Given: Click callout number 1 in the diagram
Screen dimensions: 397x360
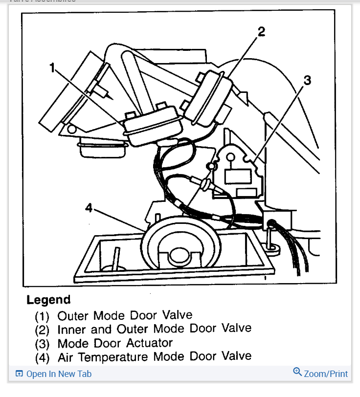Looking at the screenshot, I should click(x=52, y=68).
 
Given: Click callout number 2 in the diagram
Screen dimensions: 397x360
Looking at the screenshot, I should click(x=262, y=32).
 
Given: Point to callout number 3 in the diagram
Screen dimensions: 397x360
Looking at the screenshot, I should click(x=307, y=80).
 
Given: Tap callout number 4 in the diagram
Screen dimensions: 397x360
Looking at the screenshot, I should click(x=89, y=208).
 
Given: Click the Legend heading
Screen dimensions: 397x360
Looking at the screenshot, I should click(x=48, y=300).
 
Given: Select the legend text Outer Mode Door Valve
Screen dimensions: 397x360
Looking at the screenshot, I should click(x=125, y=315).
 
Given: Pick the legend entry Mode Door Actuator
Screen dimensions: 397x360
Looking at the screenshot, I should click(x=115, y=343).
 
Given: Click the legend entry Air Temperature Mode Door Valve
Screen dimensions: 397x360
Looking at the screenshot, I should click(x=154, y=357).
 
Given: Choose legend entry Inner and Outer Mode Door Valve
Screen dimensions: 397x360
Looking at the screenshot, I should click(x=154, y=329).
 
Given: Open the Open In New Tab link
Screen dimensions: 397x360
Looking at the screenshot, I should click(x=59, y=374).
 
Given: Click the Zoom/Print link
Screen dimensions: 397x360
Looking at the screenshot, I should click(x=326, y=374).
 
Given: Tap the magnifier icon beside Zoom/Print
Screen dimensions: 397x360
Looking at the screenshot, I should click(x=297, y=373).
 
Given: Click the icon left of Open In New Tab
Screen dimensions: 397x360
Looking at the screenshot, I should click(x=20, y=374).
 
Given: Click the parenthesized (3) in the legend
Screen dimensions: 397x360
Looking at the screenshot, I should click(x=42, y=344).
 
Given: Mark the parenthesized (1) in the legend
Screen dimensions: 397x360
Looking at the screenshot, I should click(x=42, y=316).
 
